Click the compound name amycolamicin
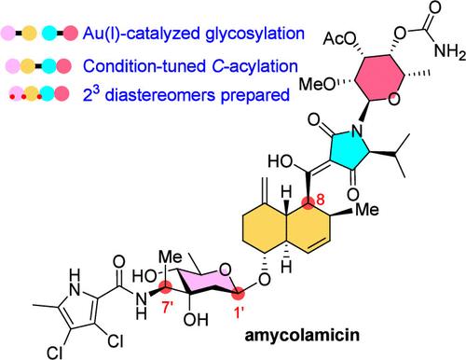click(x=302, y=336)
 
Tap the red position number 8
click(x=320, y=200)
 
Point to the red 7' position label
click(x=168, y=308)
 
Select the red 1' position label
click(x=239, y=312)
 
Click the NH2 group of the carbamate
click(x=450, y=50)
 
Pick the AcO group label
click(x=339, y=39)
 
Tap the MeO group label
click(x=318, y=84)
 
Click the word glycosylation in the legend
click(x=254, y=34)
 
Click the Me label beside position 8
click(x=367, y=210)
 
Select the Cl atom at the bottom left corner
click(x=55, y=353)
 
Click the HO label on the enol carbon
click(x=281, y=161)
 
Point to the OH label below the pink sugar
click(x=196, y=319)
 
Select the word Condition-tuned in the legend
click(x=144, y=66)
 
